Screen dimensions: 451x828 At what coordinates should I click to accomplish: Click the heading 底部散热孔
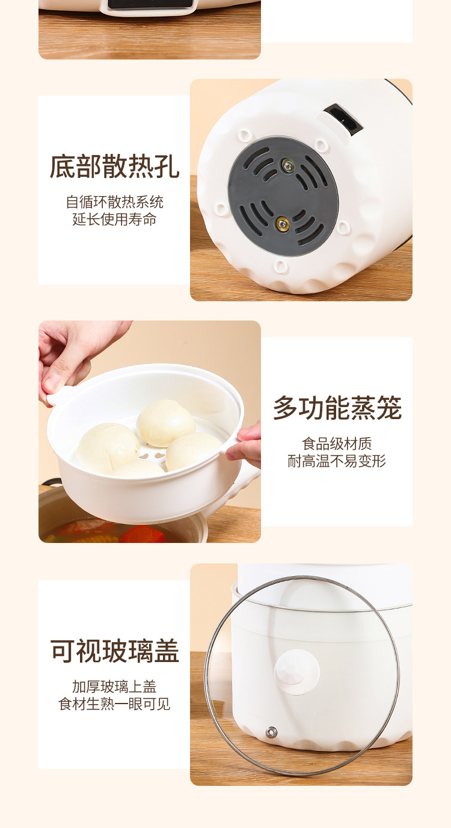(115, 167)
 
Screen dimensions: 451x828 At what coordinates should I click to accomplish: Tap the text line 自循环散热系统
(115, 202)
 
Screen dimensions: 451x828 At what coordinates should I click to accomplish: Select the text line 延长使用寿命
(115, 219)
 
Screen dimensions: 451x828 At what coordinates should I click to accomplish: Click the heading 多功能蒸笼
(337, 408)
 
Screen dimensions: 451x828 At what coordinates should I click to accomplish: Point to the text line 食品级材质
(337, 444)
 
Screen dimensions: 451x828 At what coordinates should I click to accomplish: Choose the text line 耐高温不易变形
(337, 461)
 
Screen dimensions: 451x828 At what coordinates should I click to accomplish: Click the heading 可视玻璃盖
(115, 651)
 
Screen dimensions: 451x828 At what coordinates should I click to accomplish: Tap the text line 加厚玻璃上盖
(115, 687)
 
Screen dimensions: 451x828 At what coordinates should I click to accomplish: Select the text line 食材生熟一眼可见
(115, 704)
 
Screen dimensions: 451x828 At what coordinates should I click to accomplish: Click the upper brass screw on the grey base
(287, 165)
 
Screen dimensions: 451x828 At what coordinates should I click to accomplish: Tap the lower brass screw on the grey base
(283, 223)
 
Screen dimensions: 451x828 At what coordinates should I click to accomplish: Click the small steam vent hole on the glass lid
(271, 732)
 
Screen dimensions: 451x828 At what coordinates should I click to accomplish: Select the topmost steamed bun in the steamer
(165, 423)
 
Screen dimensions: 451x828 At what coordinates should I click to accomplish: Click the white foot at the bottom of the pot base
(281, 266)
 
